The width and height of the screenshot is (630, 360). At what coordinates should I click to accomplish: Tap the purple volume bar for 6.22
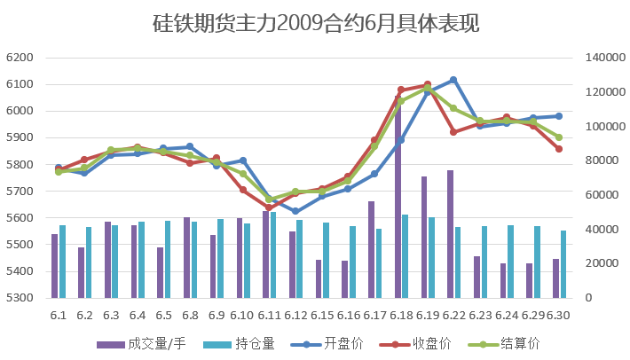pos(450,234)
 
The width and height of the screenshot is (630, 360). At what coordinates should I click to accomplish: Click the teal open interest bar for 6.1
pos(62,262)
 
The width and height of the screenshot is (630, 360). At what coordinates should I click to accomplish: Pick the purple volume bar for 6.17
pos(371,249)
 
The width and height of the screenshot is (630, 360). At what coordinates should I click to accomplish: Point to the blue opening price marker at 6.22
pos(453,80)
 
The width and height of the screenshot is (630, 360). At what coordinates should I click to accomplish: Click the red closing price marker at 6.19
pos(428,85)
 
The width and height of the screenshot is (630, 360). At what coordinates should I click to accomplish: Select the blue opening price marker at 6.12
pos(295,211)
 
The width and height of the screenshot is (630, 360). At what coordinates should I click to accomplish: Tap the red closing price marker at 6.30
pos(559,149)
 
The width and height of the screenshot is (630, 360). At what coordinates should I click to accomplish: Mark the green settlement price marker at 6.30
pos(559,137)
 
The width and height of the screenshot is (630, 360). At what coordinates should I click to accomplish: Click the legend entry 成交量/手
pos(134,343)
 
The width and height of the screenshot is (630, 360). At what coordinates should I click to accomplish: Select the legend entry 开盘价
pos(328,343)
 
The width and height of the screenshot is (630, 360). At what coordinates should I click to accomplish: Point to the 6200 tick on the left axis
pos(20,58)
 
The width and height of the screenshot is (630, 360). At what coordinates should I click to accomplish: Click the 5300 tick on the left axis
pos(20,298)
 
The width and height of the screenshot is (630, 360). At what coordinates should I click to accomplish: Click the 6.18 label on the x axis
pos(401,315)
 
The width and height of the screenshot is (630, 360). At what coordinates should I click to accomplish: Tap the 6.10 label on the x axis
pos(243,315)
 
